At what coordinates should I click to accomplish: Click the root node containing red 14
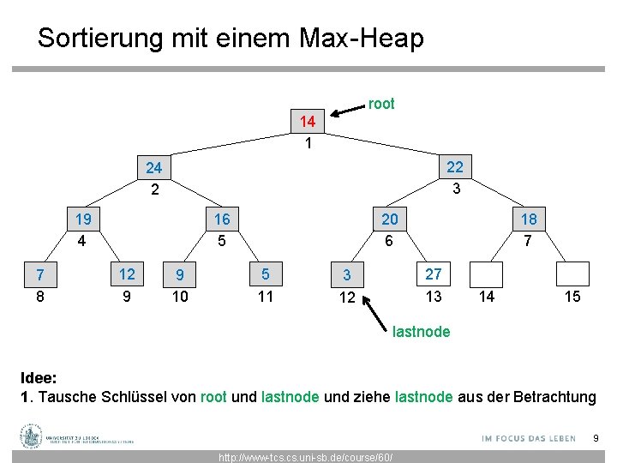[308, 122]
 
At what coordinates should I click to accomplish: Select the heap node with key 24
[154, 167]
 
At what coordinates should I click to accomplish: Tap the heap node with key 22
[455, 166]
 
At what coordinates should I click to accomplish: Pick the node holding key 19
[83, 219]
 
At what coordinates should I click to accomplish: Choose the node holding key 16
[222, 219]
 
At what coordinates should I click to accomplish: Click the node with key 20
[390, 219]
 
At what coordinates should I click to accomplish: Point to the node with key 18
[528, 219]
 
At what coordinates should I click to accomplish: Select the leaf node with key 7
[39, 275]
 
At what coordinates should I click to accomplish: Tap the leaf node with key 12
[126, 274]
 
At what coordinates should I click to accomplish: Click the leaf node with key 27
[434, 274]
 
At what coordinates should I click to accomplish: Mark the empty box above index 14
[486, 273]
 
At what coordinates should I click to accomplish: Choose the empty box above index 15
[572, 273]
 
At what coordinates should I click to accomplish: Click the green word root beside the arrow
[381, 104]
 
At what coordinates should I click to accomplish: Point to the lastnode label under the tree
[421, 332]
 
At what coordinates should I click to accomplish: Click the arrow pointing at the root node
[348, 110]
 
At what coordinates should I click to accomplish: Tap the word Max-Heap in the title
[362, 38]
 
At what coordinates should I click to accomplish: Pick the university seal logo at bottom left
[32, 436]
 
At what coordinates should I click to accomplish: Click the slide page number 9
[596, 439]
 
